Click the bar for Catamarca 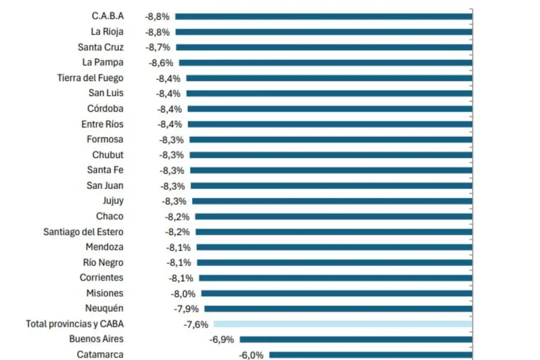[x=370, y=355]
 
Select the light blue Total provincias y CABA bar [x=343, y=324]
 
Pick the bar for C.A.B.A [x=323, y=16]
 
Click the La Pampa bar [x=325, y=62]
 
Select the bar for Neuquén [x=338, y=308]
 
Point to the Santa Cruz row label [x=101, y=47]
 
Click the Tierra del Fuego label [x=91, y=78]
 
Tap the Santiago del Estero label [x=83, y=232]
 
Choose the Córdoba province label [x=106, y=109]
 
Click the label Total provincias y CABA [x=75, y=324]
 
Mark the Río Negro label [x=103, y=262]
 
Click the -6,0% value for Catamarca [x=251, y=355]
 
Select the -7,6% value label [x=196, y=324]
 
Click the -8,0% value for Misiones [x=183, y=293]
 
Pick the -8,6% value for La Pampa [x=161, y=62]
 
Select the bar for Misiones [x=336, y=293]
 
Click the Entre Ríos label [x=103, y=124]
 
